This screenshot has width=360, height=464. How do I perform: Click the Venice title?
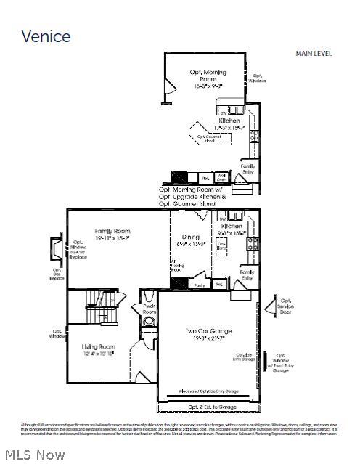pos(46,36)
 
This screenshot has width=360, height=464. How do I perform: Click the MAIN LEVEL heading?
pos(314,53)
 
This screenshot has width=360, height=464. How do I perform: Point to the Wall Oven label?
pos(221,176)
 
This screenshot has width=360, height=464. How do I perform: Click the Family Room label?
pos(112,234)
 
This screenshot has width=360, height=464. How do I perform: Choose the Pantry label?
pos(200,285)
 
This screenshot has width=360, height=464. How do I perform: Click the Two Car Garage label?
pos(207,335)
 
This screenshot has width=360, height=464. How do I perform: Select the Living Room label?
pos(98,351)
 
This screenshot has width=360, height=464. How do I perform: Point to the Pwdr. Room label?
pos(149,309)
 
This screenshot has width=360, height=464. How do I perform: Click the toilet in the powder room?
pos(149,296)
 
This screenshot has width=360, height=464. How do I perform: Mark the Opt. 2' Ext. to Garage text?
pos(208,407)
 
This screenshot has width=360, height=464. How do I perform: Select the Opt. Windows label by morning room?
pos(258,78)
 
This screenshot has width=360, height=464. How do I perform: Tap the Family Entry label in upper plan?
pos(248,168)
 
